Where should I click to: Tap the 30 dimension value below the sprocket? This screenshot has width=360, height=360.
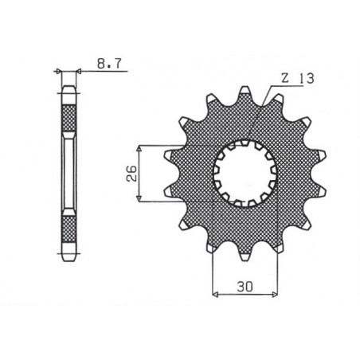coord(244,285)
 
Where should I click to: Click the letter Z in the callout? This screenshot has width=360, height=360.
coord(285,78)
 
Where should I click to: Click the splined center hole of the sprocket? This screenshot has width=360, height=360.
coord(244,170)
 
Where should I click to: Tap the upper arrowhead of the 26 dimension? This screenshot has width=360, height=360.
coord(140,148)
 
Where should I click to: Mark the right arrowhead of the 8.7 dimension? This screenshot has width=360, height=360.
coord(78,72)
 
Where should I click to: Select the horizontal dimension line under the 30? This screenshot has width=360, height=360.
coord(244,295)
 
